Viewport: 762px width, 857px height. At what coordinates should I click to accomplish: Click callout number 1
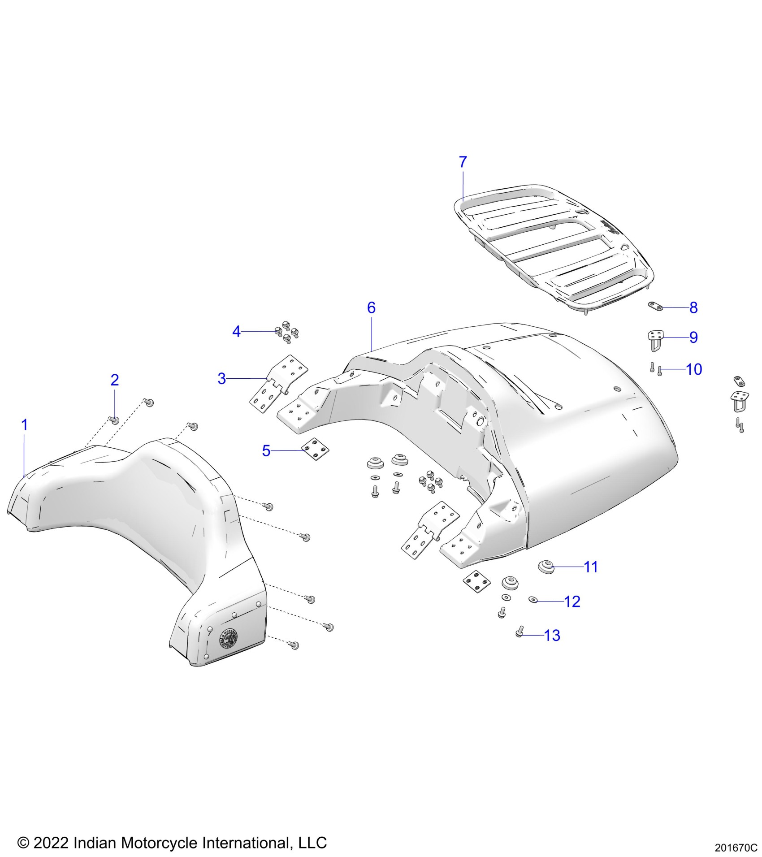pos(25,425)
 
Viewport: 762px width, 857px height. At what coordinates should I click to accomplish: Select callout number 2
pos(115,380)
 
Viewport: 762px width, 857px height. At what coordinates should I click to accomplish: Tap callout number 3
pos(221,379)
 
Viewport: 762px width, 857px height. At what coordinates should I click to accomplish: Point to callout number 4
pos(236,332)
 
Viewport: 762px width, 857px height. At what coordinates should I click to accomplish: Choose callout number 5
pos(266,451)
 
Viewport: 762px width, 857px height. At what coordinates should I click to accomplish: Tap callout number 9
pos(693,338)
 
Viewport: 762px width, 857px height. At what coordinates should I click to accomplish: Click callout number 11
pos(591,567)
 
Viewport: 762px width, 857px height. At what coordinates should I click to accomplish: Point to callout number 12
pos(572,602)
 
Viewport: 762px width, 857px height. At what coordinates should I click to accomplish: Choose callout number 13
pos(552,636)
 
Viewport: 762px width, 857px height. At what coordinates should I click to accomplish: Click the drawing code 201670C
pos(736,848)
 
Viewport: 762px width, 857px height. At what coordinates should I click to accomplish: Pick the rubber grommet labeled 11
pos(546,567)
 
